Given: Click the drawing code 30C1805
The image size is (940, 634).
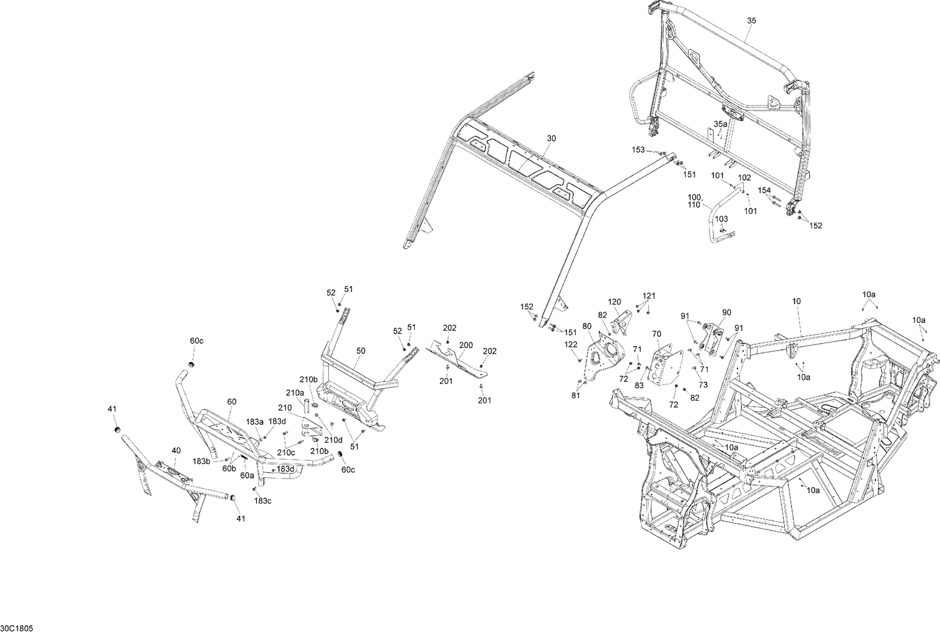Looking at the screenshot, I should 16,628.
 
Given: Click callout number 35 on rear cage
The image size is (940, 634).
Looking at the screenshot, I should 751,21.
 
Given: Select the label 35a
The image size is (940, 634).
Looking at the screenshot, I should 720,124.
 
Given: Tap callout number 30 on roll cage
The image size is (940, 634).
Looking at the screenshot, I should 551,138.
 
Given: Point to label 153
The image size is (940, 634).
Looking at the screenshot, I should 638,150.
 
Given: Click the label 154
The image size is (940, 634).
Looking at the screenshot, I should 764,190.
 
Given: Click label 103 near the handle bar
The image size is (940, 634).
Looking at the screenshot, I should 721,219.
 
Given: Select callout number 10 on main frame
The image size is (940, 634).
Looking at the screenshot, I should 796,302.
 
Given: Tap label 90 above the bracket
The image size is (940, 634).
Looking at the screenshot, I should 726,312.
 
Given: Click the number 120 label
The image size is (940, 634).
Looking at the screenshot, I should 614,302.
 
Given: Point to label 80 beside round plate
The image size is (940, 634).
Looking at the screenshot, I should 587,326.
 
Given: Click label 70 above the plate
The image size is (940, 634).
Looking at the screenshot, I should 657,334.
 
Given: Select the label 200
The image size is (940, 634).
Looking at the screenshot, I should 466,346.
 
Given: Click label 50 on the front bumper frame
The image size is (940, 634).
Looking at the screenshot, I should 361,351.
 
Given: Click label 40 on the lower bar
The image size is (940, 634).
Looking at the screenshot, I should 175,450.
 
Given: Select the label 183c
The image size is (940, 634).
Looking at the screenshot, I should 263,500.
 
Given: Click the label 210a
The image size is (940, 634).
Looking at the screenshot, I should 295,393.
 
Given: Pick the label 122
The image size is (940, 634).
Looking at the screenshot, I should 570,344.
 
